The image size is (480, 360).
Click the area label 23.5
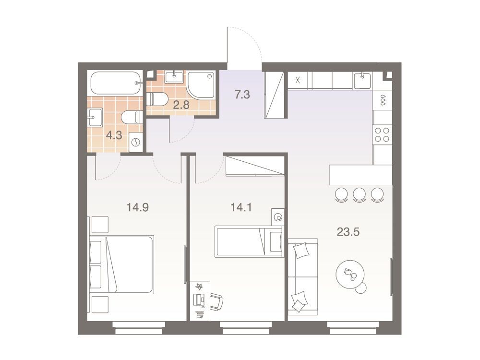(x=348, y=232)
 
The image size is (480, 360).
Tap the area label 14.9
(x=137, y=207)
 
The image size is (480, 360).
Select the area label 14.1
(x=241, y=207)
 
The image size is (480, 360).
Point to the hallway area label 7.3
(x=242, y=95)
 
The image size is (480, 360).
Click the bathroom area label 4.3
(x=114, y=135)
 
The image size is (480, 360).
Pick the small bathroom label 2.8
(x=181, y=105)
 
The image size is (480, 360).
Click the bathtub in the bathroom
(x=116, y=83)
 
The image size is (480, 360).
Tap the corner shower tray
(x=201, y=85)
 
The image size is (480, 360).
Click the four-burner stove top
(x=382, y=135)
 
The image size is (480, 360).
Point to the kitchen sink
(x=362, y=81)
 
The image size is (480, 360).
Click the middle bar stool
(x=360, y=195)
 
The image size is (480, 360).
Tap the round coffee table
(x=351, y=275)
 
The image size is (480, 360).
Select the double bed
(x=121, y=265)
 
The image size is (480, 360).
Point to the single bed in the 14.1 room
(x=249, y=242)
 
